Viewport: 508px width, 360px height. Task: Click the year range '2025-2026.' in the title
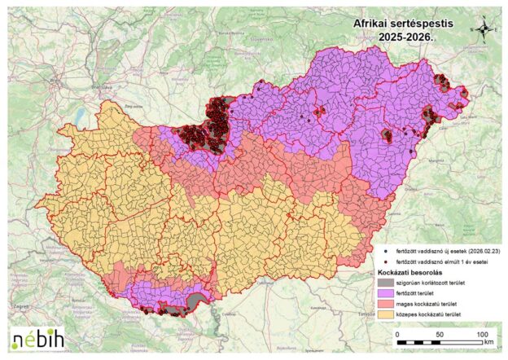(402, 37)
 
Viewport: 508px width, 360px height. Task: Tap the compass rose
(483, 29)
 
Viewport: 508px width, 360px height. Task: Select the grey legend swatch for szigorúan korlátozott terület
(386, 281)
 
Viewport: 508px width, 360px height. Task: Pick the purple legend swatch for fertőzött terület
(386, 292)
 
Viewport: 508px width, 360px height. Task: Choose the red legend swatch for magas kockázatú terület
(386, 302)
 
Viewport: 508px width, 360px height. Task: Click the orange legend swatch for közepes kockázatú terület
(386, 313)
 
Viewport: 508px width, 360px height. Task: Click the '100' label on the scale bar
(482, 334)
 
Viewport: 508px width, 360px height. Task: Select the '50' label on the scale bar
(440, 334)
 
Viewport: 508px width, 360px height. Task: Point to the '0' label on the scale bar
(397, 334)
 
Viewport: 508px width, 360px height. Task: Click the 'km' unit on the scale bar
(488, 343)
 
